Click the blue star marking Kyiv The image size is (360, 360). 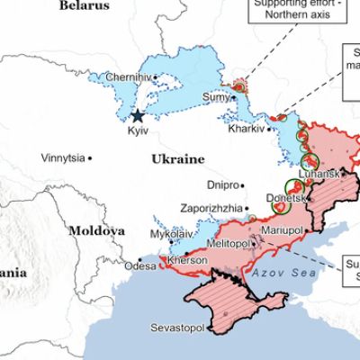138,115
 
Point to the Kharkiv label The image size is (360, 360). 246,128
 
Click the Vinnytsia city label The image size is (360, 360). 63,158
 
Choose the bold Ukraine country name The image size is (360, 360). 176,158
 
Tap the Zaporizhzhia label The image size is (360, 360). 211,207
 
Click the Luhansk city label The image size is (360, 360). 319,173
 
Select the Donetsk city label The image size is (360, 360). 287,197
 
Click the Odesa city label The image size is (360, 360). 140,266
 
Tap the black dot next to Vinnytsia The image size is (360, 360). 91,158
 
